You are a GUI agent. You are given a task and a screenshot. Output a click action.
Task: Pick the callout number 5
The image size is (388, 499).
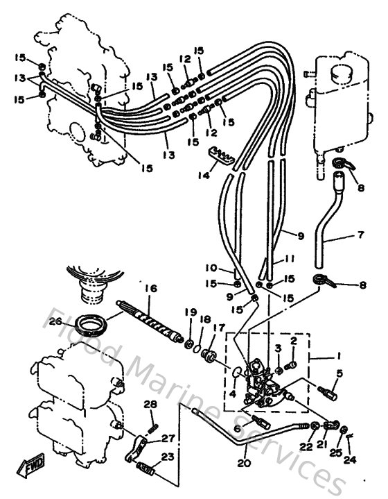pyautogui.click(x=339, y=373)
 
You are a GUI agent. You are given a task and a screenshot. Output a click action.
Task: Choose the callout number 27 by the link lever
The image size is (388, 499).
pyautogui.click(x=168, y=439)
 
